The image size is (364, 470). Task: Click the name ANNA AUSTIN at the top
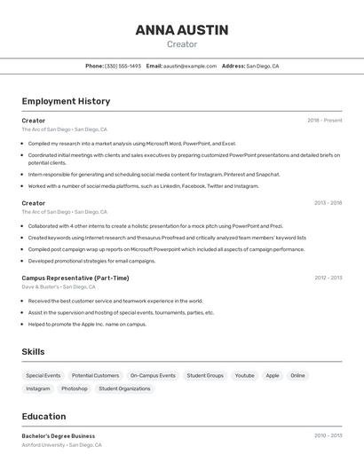coord(181,30)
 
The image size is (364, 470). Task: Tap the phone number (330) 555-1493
coord(123,66)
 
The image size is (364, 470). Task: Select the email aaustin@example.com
coord(190,66)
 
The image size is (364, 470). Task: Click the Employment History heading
coord(66,101)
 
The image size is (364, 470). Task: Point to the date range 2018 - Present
coord(324,121)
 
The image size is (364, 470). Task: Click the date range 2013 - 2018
coord(328,203)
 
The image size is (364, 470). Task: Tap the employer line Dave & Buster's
coord(41,287)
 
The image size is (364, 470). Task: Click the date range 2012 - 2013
coord(328,278)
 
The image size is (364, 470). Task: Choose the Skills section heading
coord(33,352)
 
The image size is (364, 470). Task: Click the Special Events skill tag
coord(44,375)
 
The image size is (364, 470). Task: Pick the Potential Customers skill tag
coord(95,375)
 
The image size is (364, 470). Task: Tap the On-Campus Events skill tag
coord(153,375)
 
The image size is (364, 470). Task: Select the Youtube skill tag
coord(244,375)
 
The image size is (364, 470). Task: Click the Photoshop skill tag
coord(75,388)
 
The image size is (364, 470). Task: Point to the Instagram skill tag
coord(38,388)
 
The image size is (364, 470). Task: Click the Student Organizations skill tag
coord(124,388)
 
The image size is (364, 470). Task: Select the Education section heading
coord(44,417)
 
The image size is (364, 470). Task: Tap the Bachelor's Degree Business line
coord(59,435)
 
